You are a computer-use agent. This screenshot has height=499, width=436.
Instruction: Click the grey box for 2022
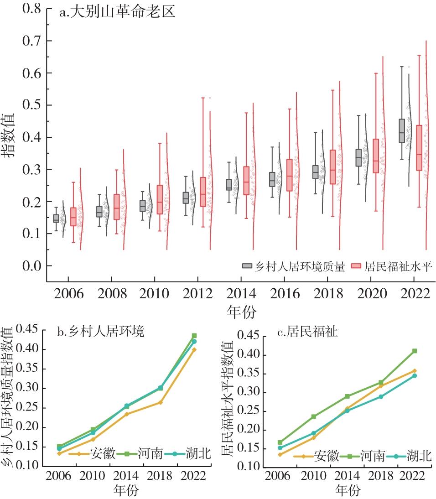pyautogui.click(x=402, y=131)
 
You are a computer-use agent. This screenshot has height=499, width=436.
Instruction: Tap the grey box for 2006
pyautogui.click(x=56, y=218)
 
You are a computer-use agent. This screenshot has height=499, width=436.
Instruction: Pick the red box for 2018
pyautogui.click(x=332, y=167)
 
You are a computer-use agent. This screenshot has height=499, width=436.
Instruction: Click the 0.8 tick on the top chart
pyautogui.click(x=31, y=9)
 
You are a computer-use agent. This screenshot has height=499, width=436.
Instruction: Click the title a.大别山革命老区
pyautogui.click(x=117, y=12)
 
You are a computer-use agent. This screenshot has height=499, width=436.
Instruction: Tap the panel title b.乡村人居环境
pyautogui.click(x=100, y=332)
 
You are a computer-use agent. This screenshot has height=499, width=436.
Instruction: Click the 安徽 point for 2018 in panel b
pyautogui.click(x=161, y=402)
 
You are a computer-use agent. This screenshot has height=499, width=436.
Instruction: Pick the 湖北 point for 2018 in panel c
pyautogui.click(x=381, y=396)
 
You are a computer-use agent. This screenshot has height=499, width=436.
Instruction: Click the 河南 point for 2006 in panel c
pyautogui.click(x=280, y=442)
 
